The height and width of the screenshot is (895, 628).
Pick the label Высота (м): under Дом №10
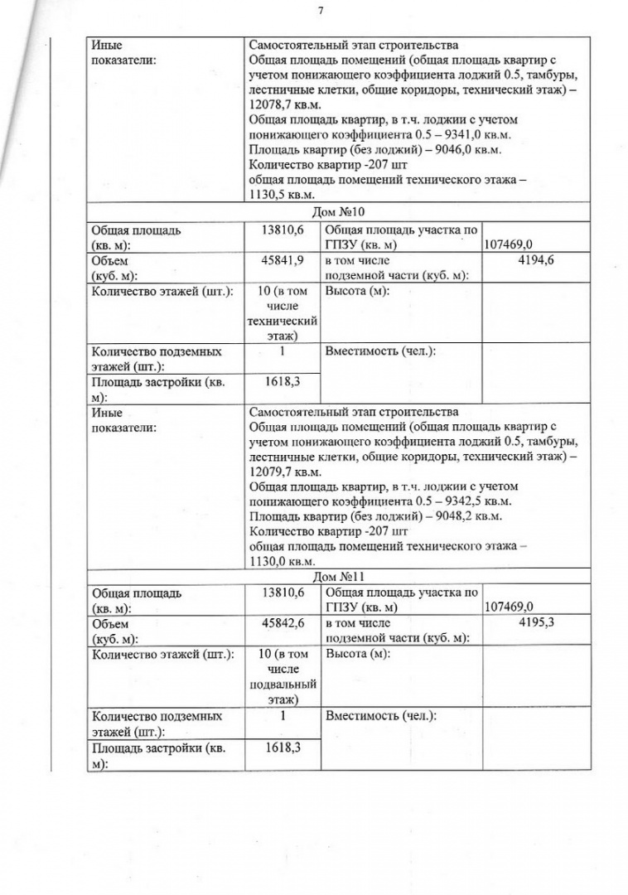(358, 291)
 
